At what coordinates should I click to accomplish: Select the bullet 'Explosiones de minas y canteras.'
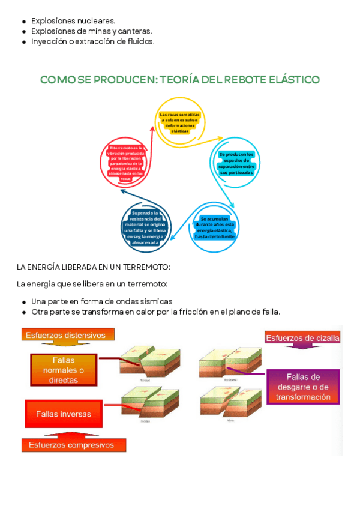click(91, 31)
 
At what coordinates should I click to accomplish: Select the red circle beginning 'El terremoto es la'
click(125, 163)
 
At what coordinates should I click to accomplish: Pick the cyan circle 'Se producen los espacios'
click(236, 163)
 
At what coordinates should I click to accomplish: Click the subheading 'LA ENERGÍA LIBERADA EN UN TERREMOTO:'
click(94, 267)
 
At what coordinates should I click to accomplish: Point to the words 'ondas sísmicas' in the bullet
click(144, 301)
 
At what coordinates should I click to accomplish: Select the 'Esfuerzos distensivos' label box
click(66, 335)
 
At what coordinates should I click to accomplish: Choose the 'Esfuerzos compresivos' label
click(75, 445)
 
